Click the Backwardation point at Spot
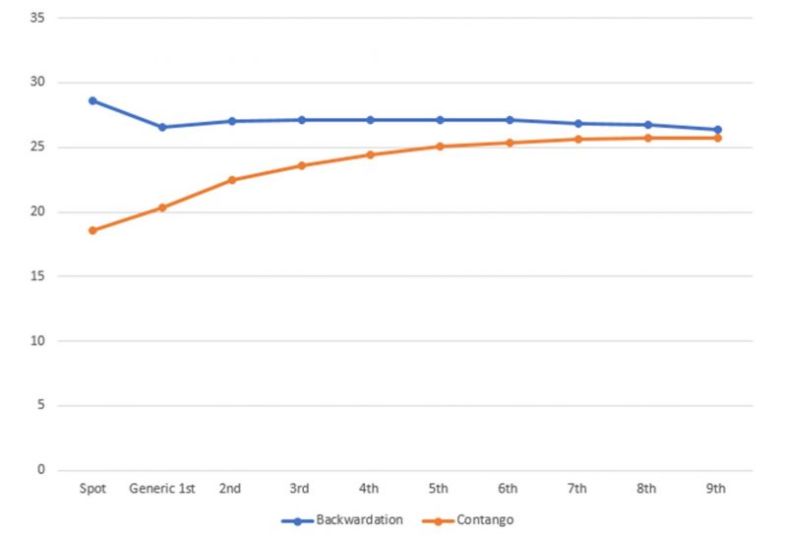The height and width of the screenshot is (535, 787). pos(92,100)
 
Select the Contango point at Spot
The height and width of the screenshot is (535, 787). pos(92,230)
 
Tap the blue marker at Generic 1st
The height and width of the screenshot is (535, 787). pos(162,127)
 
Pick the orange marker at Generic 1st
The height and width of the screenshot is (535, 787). pos(162,208)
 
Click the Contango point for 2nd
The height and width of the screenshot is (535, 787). pos(232,180)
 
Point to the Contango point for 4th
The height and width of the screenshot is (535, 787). pos(370,154)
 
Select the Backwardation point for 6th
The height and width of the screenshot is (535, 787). pos(509,120)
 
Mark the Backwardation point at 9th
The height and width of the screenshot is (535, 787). pos(717,130)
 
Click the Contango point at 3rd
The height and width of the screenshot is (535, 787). pos(301,165)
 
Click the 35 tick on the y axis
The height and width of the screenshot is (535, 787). pos(39,18)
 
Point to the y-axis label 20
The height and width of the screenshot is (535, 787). pos(39,211)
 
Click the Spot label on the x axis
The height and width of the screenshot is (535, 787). pos(92,489)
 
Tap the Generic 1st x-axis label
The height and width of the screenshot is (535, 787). pos(162,489)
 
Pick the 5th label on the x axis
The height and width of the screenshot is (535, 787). pos(440,489)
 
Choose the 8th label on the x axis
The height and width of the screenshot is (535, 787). pos(647,489)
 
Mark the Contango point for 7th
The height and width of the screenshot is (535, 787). pos(578,139)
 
